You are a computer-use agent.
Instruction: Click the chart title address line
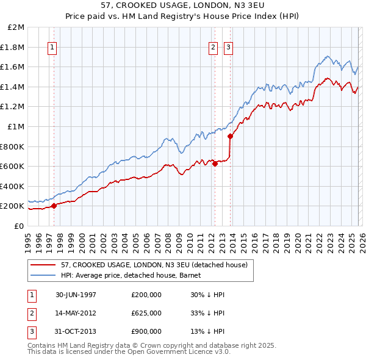[x=182, y=5]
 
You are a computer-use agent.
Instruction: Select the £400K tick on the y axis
[x=13, y=186]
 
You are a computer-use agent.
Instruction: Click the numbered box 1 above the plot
[x=52, y=48]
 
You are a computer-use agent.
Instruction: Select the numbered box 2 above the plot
[x=213, y=48]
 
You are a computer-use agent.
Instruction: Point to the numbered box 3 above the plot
[x=228, y=48]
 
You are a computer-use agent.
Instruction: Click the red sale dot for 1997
[x=54, y=206]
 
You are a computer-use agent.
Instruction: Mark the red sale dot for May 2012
[x=215, y=164]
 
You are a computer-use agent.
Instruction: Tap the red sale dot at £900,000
[x=230, y=137]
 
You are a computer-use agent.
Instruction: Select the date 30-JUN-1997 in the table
[x=76, y=295]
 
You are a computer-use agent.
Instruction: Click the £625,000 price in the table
[x=146, y=313]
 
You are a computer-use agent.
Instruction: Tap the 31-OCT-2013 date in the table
[x=76, y=331]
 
